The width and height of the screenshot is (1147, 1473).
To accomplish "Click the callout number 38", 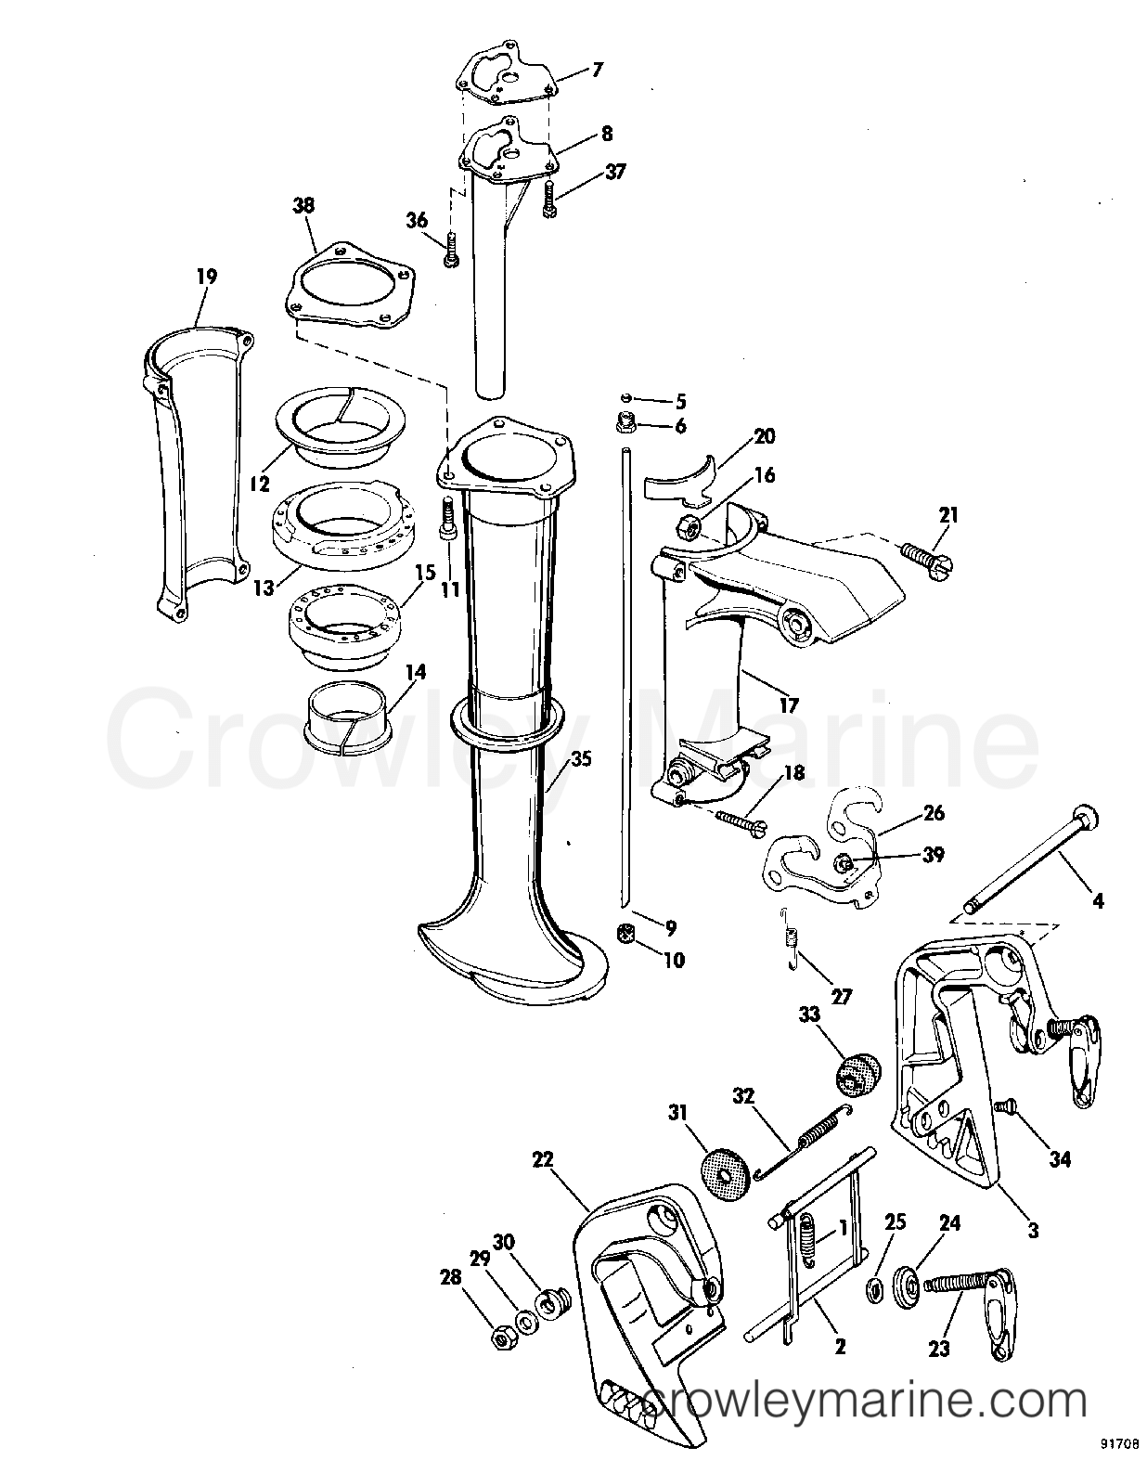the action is pyautogui.click(x=303, y=205).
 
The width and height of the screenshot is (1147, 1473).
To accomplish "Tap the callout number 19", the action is pyautogui.click(x=206, y=277).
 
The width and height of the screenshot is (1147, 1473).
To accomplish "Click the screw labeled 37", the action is pyautogui.click(x=548, y=200).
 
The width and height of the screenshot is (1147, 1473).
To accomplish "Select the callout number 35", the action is pyautogui.click(x=581, y=758).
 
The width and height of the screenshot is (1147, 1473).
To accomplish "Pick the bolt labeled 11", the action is pyautogui.click(x=449, y=519).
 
